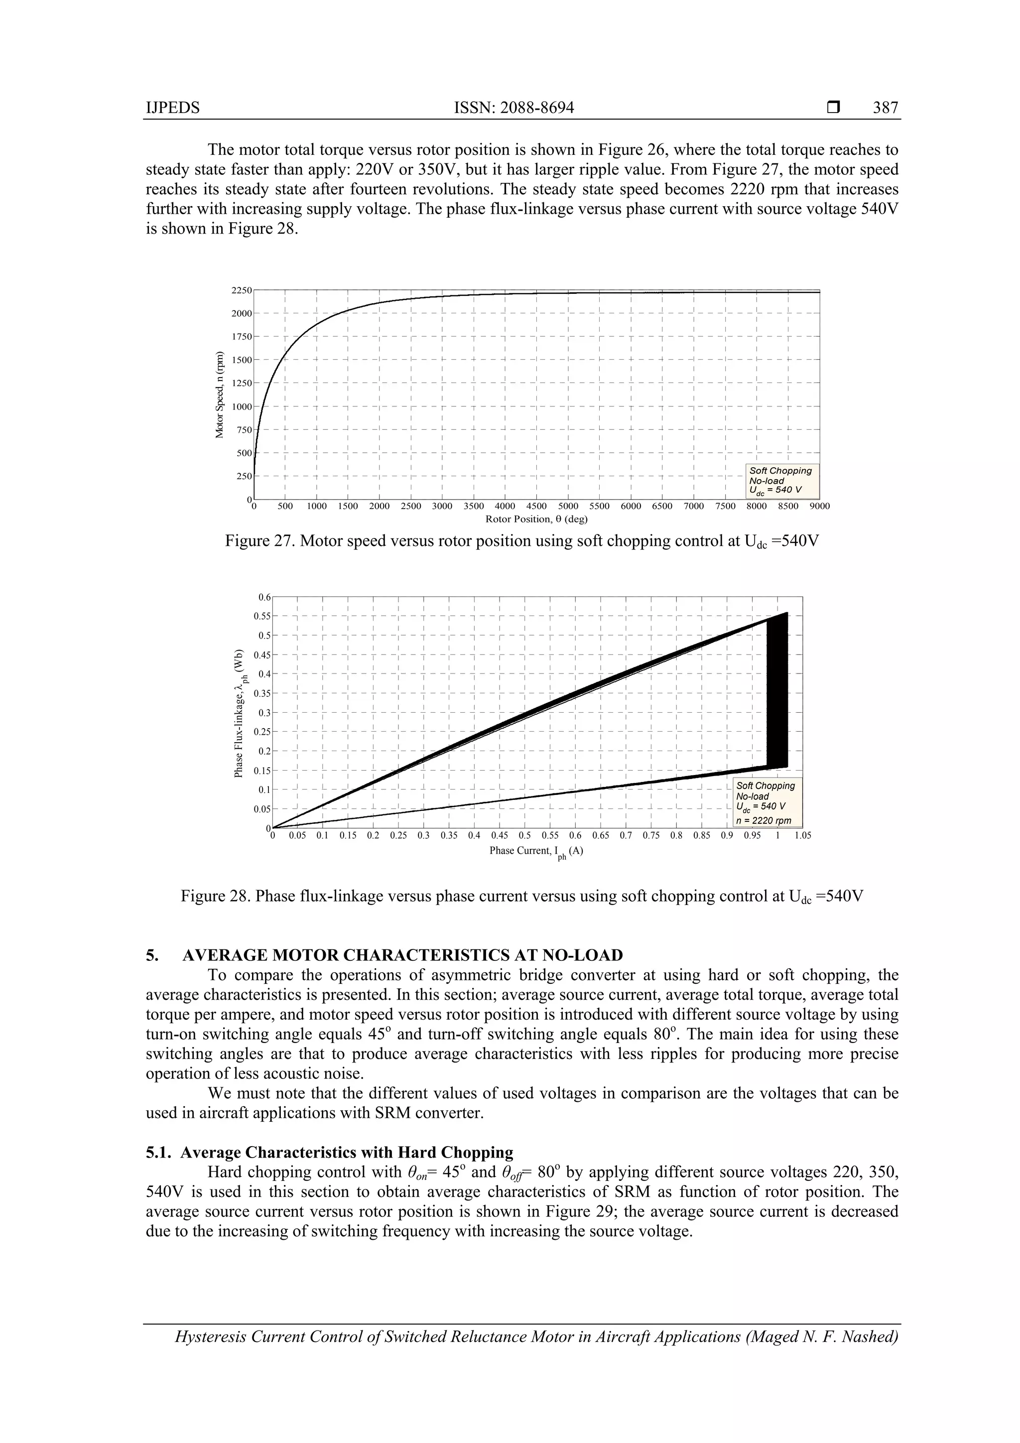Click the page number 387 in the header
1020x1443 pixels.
(x=885, y=108)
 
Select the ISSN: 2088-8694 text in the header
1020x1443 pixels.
(x=513, y=108)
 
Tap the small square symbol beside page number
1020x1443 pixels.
(x=833, y=108)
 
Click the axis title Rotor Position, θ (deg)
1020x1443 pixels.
(x=536, y=519)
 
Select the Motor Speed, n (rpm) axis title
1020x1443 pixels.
(x=219, y=394)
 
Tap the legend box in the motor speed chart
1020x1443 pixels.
(x=782, y=481)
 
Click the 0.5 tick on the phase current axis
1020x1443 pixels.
(x=524, y=836)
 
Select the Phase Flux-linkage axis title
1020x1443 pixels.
(x=240, y=713)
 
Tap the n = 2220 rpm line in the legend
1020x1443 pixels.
(x=764, y=820)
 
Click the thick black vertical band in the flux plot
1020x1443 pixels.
(x=777, y=691)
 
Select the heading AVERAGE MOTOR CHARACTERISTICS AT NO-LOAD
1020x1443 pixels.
(x=402, y=955)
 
